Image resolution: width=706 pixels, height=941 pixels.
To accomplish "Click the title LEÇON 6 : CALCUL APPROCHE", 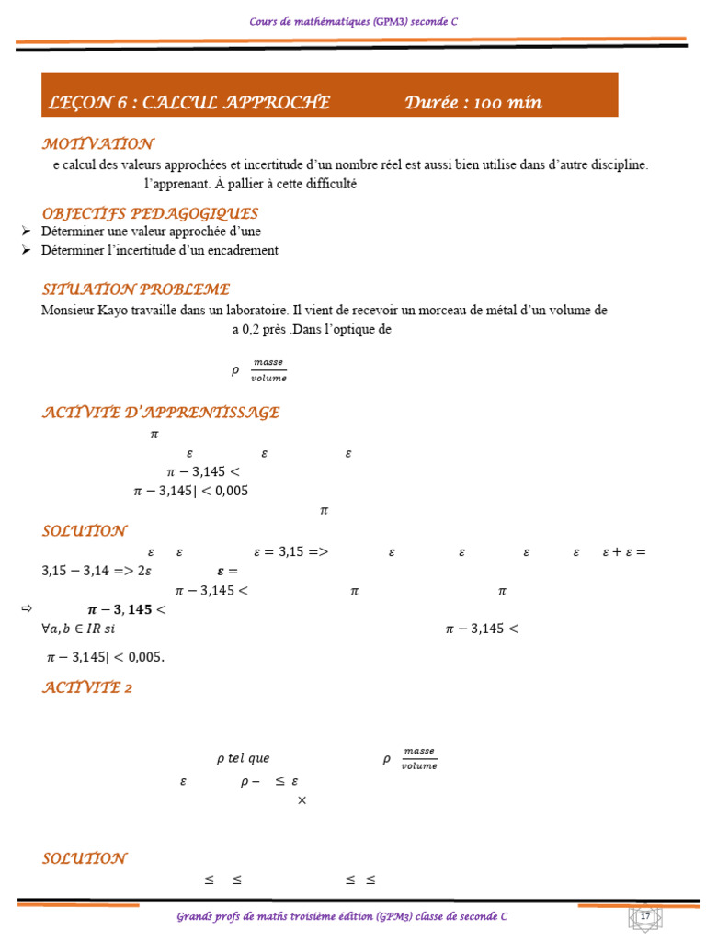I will (188, 103).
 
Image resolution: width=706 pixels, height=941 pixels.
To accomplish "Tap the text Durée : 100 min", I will (473, 103).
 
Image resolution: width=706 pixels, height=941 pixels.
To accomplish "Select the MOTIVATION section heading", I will (97, 144).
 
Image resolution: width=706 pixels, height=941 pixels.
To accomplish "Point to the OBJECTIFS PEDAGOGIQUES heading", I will (150, 214).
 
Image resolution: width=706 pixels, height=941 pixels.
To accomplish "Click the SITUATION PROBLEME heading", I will (135, 289).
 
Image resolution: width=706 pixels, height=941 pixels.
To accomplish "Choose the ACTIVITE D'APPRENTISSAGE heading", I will (161, 413).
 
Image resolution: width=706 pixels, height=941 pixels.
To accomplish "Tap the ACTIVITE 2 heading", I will (87, 687).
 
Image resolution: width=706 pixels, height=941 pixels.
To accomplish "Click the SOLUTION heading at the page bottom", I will (85, 858).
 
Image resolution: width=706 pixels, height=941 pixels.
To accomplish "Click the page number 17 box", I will (644, 917).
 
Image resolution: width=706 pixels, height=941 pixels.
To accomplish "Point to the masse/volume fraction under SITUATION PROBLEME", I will (268, 370).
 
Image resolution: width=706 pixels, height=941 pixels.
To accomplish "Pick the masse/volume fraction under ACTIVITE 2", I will (419, 759).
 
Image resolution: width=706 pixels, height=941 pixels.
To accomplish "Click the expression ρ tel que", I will (243, 759).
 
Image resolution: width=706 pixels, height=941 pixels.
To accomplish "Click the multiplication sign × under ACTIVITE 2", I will (302, 800).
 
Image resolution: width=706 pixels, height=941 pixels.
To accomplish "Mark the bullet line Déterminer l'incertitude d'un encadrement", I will (159, 250).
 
